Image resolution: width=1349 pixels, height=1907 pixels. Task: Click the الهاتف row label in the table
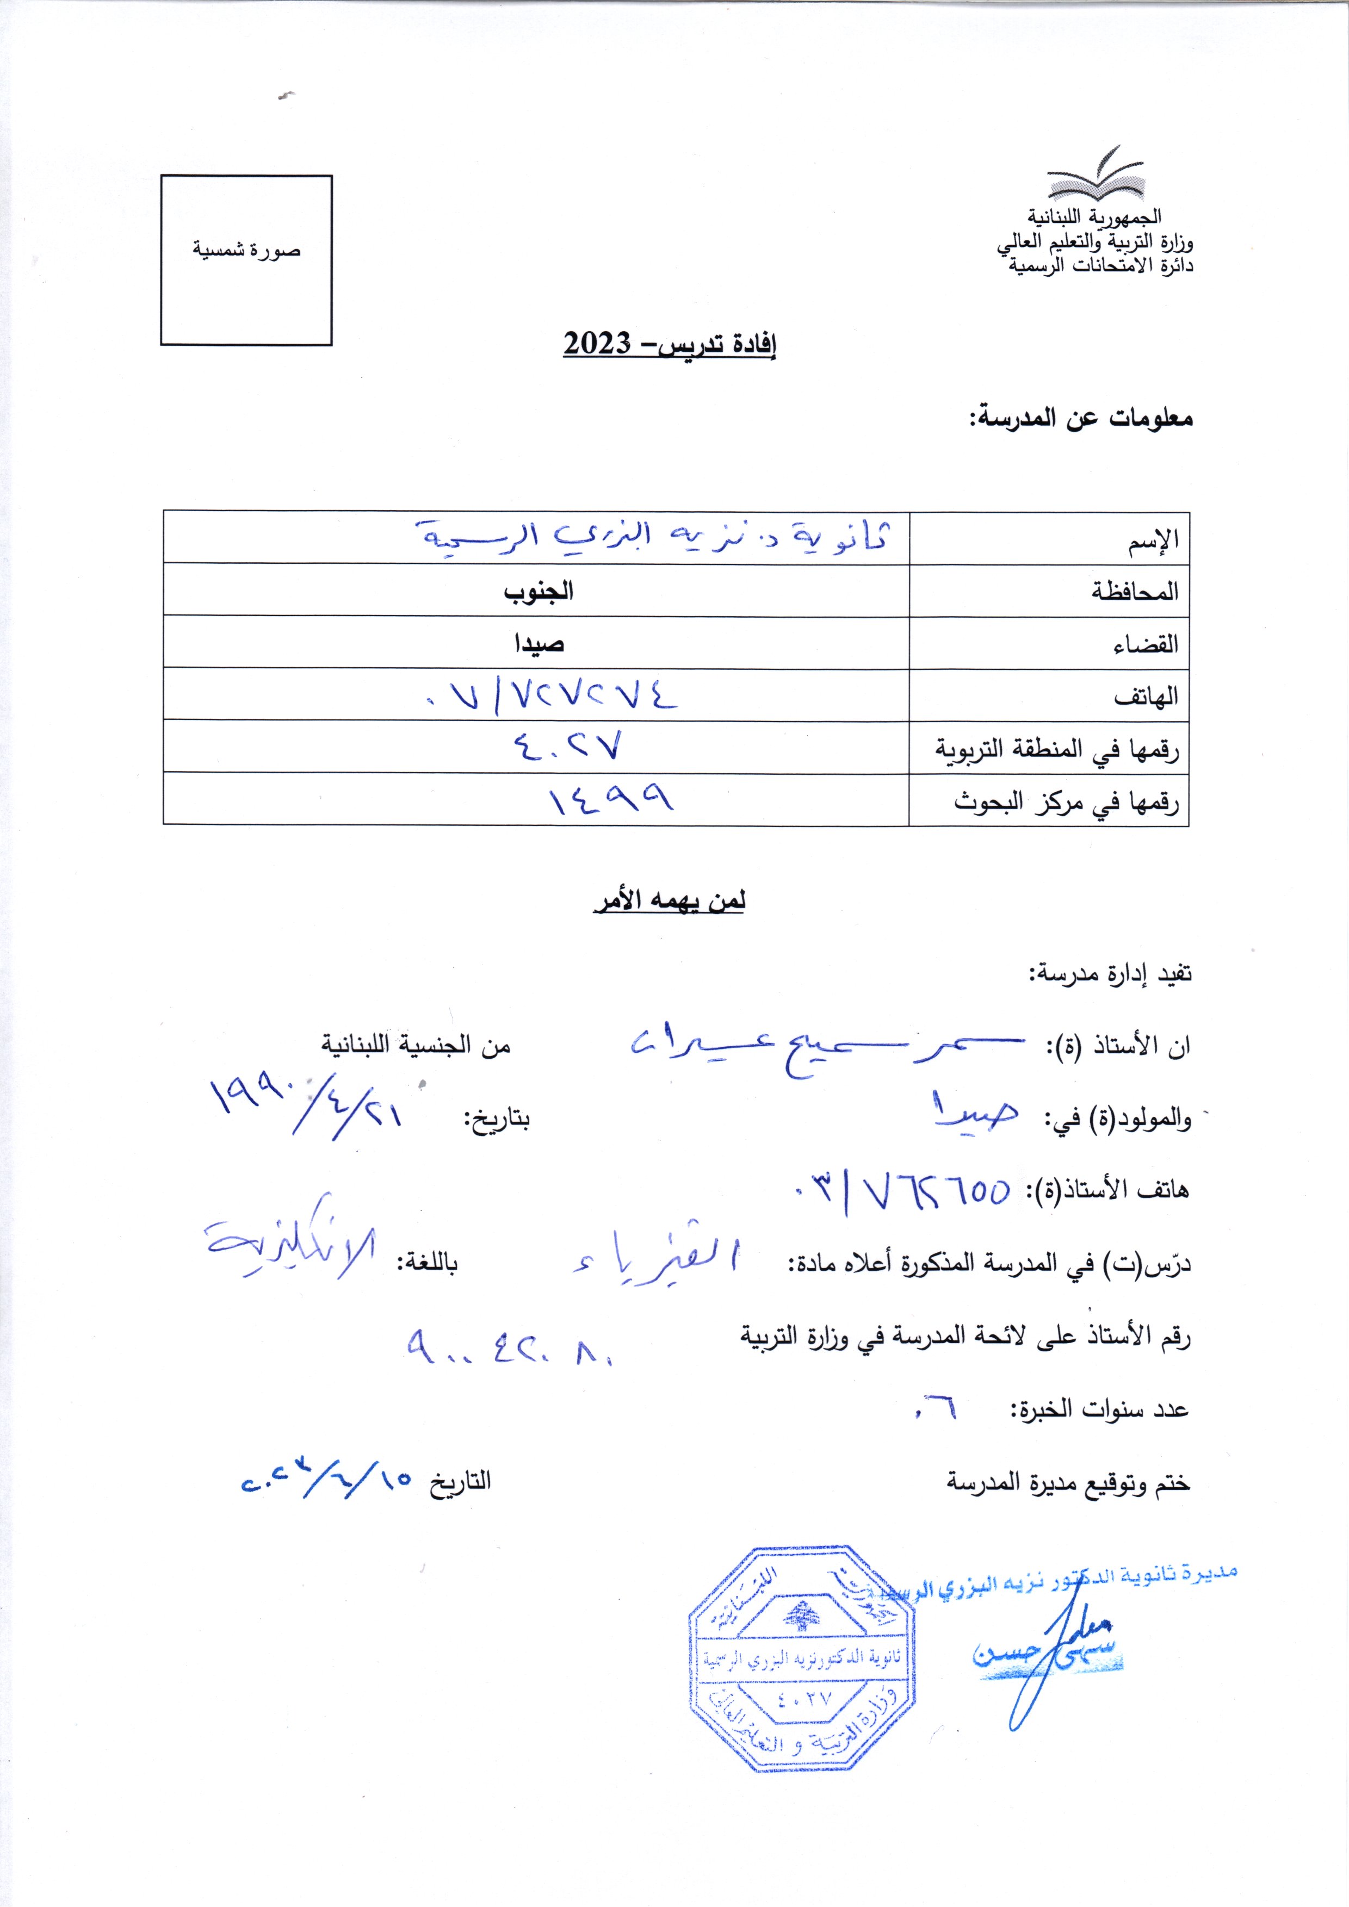coord(1146,696)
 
